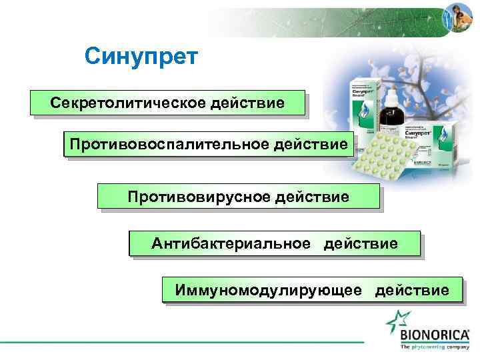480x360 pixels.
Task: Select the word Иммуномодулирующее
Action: coord(269,290)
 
